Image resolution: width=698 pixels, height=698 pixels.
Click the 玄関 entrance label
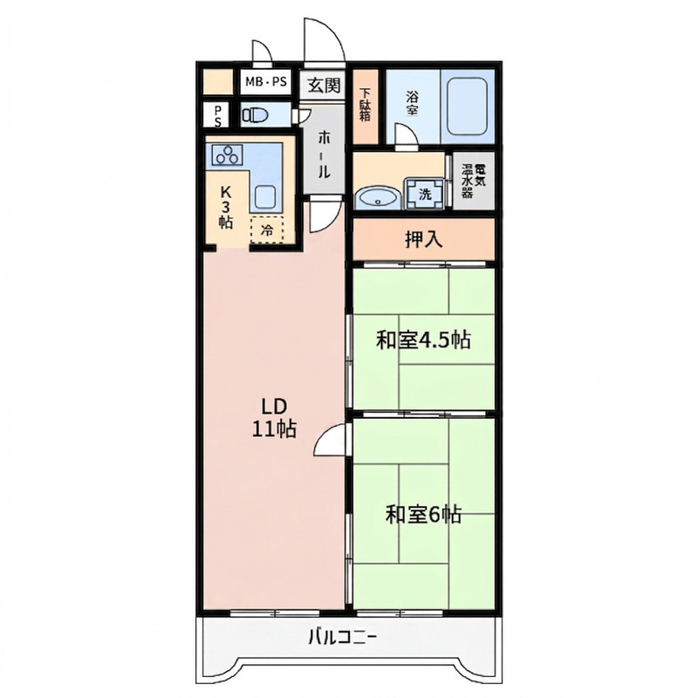point(325,85)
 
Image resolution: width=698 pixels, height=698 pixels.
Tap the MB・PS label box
point(266,82)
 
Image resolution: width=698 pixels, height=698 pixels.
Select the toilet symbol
point(255,115)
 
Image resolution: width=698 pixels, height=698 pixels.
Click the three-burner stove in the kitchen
point(228,155)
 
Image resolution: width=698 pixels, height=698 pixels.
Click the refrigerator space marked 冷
point(267,229)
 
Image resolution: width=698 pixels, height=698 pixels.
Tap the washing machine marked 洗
point(425,193)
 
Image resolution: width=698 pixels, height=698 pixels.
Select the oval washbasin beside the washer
point(378,198)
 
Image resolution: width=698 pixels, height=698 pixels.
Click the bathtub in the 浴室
point(466,106)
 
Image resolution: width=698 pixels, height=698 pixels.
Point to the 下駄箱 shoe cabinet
point(366,106)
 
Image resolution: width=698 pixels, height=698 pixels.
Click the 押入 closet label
point(424,239)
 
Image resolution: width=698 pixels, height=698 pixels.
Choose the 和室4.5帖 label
point(423,340)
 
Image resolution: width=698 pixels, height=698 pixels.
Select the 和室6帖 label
point(423,515)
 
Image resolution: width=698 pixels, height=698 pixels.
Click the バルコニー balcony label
point(343,638)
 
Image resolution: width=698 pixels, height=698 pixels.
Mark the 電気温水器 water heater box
point(474,181)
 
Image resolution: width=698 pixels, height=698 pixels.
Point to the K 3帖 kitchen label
point(226,207)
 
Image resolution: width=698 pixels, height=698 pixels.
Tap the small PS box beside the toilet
point(217,115)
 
